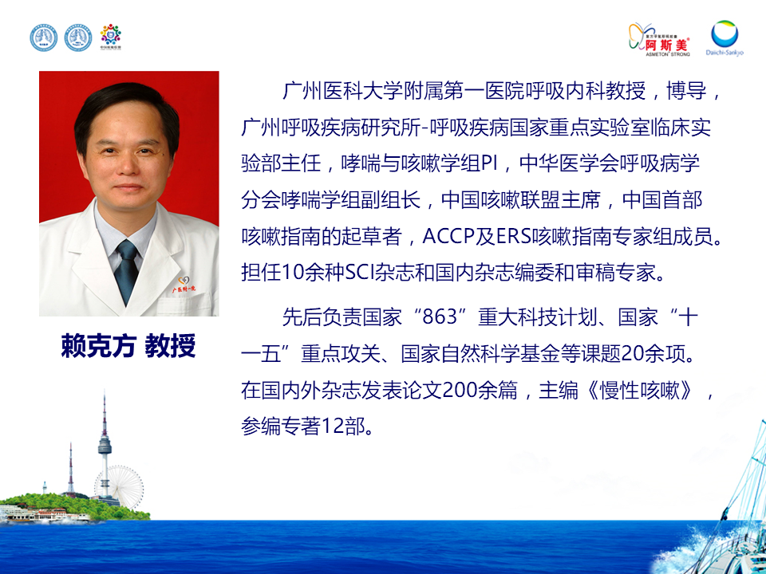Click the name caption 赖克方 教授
point(128,346)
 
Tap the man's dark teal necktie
point(126,269)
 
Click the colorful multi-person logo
point(110,37)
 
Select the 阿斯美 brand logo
point(660,40)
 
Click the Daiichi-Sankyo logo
point(725,38)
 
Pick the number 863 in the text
point(439,317)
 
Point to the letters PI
point(489,163)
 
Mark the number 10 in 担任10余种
point(293,273)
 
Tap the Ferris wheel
point(125,486)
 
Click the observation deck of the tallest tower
point(105,445)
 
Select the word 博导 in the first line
point(686,91)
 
